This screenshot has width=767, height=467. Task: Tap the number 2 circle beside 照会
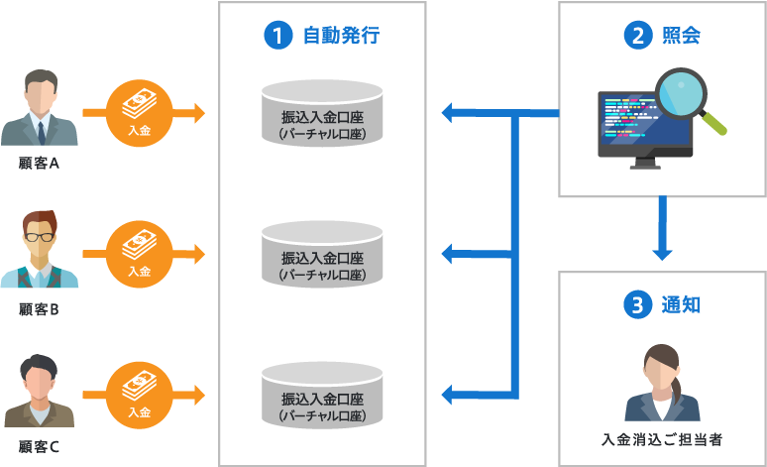pyautogui.click(x=636, y=37)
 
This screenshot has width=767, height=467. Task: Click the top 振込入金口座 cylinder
pyautogui.click(x=322, y=113)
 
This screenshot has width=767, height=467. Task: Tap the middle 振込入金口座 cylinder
pyautogui.click(x=322, y=255)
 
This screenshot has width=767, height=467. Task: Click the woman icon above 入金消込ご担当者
pyautogui.click(x=661, y=383)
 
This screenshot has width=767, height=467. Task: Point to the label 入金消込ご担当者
pyautogui.click(x=661, y=438)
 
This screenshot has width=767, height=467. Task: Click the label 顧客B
pyautogui.click(x=40, y=310)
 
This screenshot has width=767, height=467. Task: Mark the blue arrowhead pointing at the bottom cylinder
pyautogui.click(x=449, y=396)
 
